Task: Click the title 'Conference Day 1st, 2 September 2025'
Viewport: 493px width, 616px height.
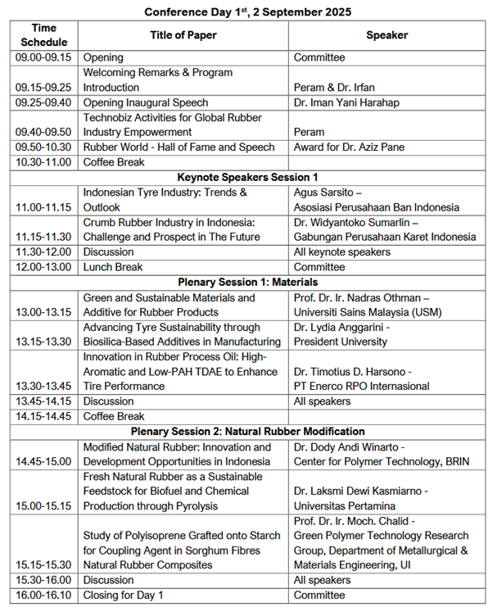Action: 246,11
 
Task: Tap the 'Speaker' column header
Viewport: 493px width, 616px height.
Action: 387,35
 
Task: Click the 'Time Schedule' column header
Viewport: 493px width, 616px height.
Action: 45,35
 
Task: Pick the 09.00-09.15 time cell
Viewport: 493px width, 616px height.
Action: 44,58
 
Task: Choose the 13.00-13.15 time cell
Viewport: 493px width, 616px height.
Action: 44,312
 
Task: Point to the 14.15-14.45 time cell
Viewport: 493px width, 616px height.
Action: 44,416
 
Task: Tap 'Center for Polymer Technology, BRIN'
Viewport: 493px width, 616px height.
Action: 382,461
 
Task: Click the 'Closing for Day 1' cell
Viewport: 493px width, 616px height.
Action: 124,595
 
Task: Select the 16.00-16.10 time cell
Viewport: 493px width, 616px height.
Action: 44,595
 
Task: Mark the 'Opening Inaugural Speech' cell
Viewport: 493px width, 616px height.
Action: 146,102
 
